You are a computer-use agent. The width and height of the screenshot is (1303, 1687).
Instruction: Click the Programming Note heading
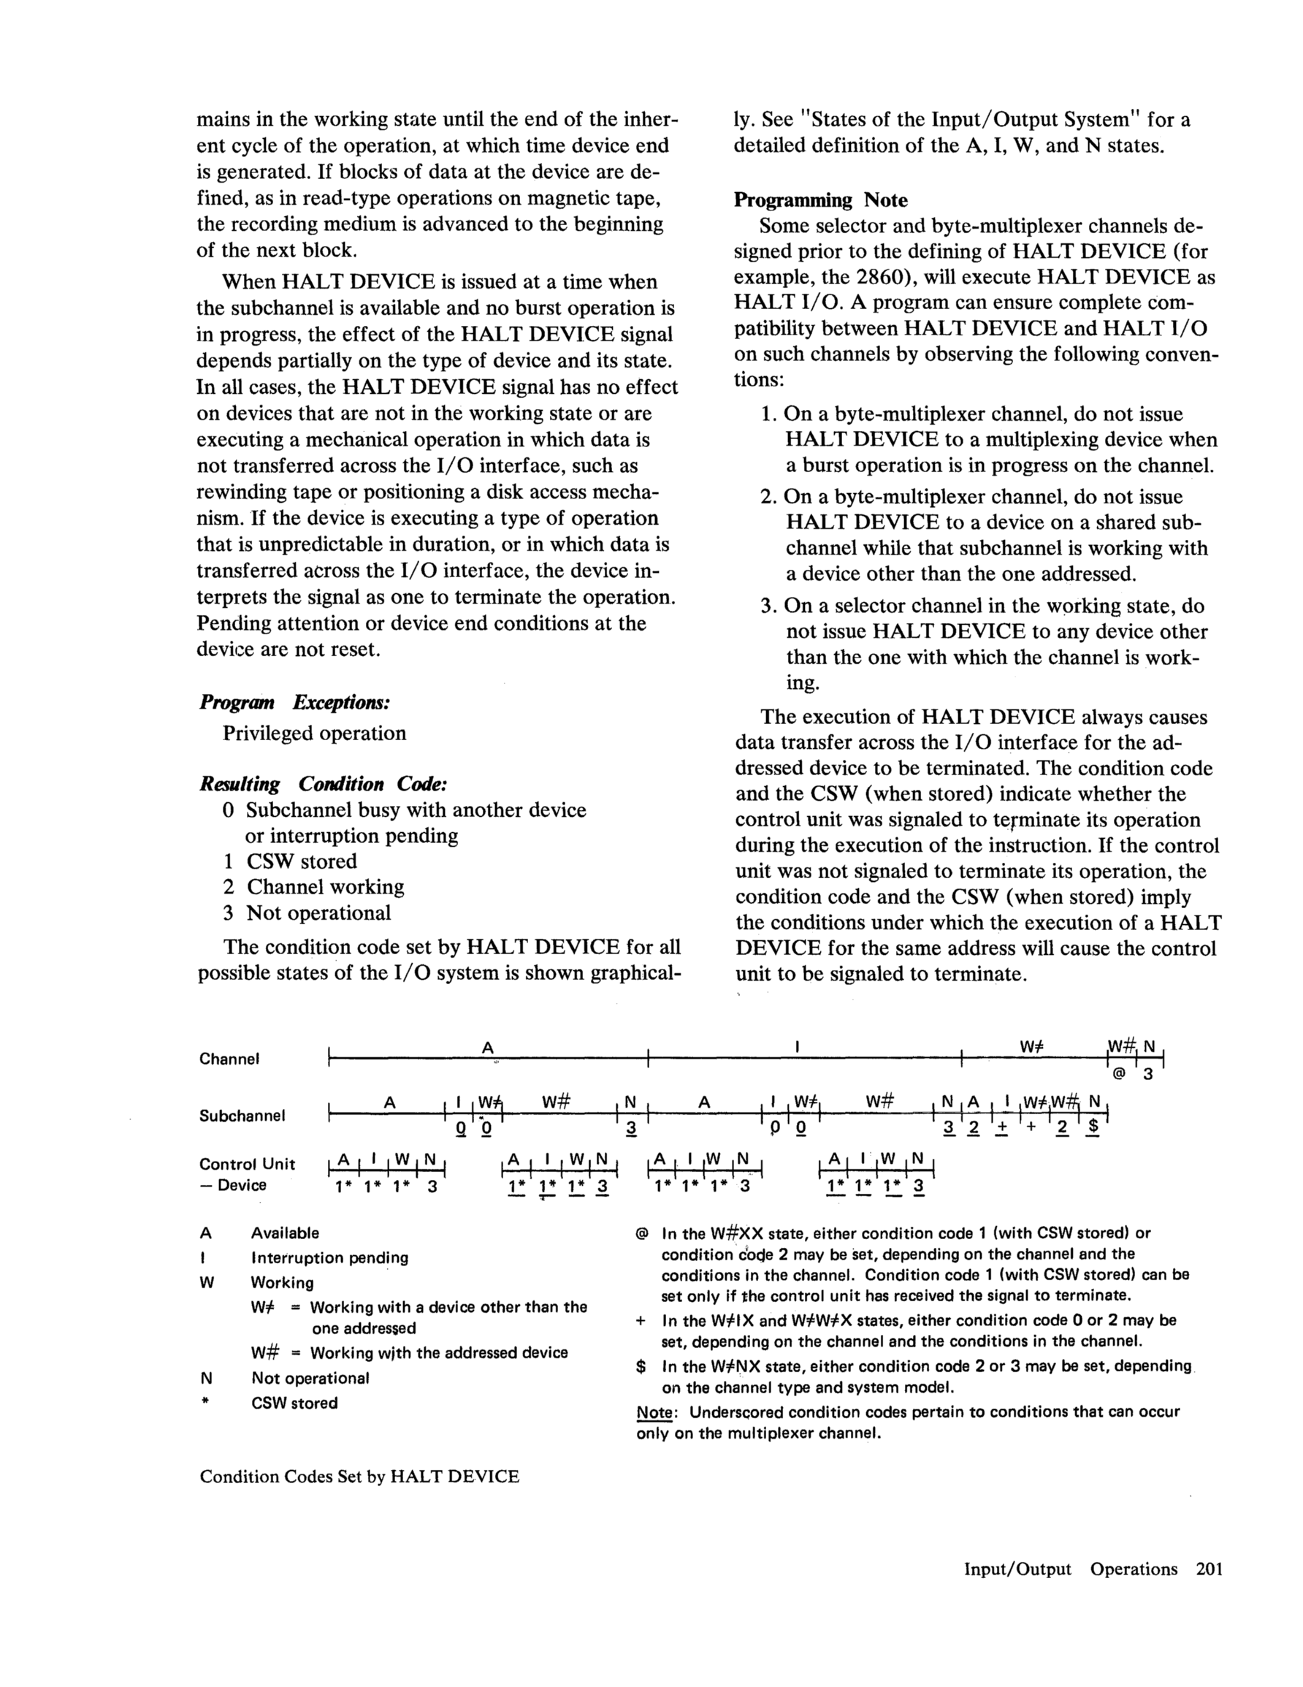pos(820,200)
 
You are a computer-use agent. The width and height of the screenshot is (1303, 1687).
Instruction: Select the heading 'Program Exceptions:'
pos(294,702)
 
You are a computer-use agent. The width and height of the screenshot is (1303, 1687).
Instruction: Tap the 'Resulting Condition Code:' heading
pos(323,784)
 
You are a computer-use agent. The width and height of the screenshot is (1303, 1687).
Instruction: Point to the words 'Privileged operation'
pos(314,733)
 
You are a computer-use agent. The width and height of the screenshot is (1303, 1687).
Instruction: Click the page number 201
pos(1209,1569)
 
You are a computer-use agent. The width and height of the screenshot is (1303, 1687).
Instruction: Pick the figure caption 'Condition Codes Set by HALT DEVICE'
pos(359,1476)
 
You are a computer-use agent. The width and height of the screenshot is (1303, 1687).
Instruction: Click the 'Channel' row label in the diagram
pos(229,1059)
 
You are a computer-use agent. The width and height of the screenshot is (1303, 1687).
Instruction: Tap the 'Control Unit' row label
pos(247,1164)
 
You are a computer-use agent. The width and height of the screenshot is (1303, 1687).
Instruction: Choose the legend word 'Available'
pos(285,1233)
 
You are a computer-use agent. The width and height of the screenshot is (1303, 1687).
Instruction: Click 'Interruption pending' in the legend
pos(329,1257)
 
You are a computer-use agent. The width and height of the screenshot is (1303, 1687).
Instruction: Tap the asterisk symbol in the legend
pos(205,1403)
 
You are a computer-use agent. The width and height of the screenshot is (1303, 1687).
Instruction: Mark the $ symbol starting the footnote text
pos(641,1366)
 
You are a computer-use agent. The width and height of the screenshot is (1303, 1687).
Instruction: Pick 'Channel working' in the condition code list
pos(325,887)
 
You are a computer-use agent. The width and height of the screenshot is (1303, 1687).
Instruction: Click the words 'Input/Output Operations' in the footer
pos(1071,1569)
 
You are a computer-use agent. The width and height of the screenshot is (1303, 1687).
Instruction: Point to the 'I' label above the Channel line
pos(796,1047)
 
